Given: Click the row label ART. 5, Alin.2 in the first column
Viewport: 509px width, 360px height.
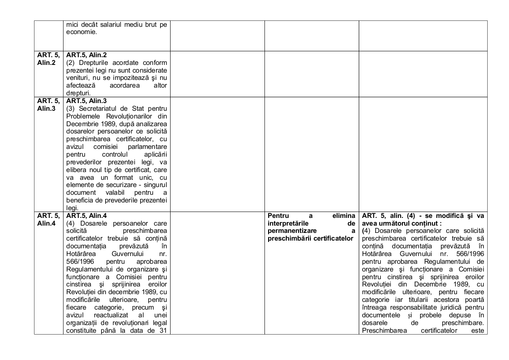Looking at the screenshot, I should (x=49, y=59).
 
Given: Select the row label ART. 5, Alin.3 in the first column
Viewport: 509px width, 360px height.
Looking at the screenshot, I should (x=49, y=104).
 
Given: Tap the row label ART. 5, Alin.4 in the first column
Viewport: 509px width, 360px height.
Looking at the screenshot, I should (x=49, y=219).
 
